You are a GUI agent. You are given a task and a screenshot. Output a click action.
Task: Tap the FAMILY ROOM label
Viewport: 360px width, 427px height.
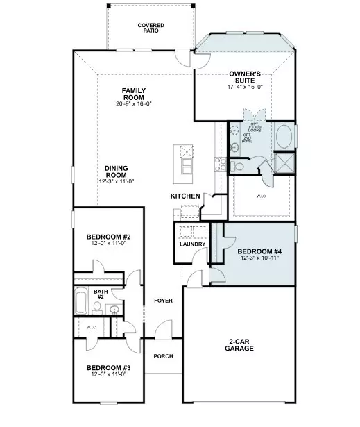(133, 91)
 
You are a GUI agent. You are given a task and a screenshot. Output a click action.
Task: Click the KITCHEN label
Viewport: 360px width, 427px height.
(185, 196)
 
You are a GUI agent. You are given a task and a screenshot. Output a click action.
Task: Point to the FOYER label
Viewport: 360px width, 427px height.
(164, 301)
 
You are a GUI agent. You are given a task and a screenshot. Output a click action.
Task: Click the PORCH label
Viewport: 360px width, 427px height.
(164, 356)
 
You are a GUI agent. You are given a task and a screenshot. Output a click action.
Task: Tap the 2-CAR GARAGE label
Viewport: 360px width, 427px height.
(240, 345)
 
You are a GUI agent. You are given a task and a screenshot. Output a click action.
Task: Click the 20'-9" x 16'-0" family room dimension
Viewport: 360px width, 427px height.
(133, 104)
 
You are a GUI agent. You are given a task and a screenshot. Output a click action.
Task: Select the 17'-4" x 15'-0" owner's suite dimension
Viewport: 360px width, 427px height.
(244, 87)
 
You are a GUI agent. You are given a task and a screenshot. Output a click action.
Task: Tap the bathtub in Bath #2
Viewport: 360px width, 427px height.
(81, 303)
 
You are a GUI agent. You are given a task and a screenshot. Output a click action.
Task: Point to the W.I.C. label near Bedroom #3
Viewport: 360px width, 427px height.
(92, 326)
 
